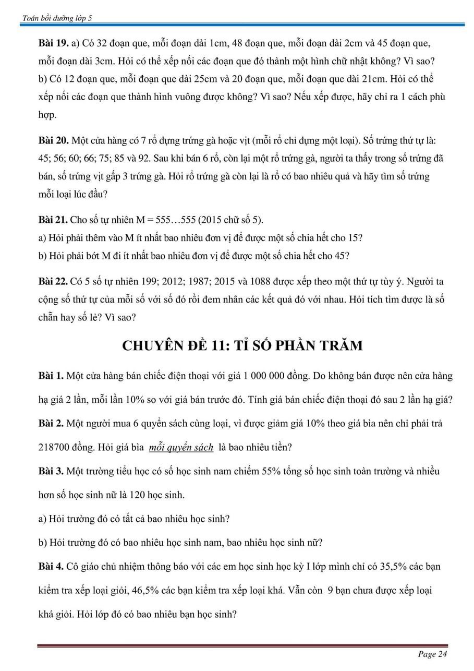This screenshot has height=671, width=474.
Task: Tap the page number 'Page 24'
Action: point(432,654)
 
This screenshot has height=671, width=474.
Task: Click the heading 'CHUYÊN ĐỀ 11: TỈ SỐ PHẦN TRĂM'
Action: point(242,346)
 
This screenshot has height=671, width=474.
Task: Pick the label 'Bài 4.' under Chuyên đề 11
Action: point(51,566)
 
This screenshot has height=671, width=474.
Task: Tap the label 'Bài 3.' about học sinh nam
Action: point(51,471)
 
